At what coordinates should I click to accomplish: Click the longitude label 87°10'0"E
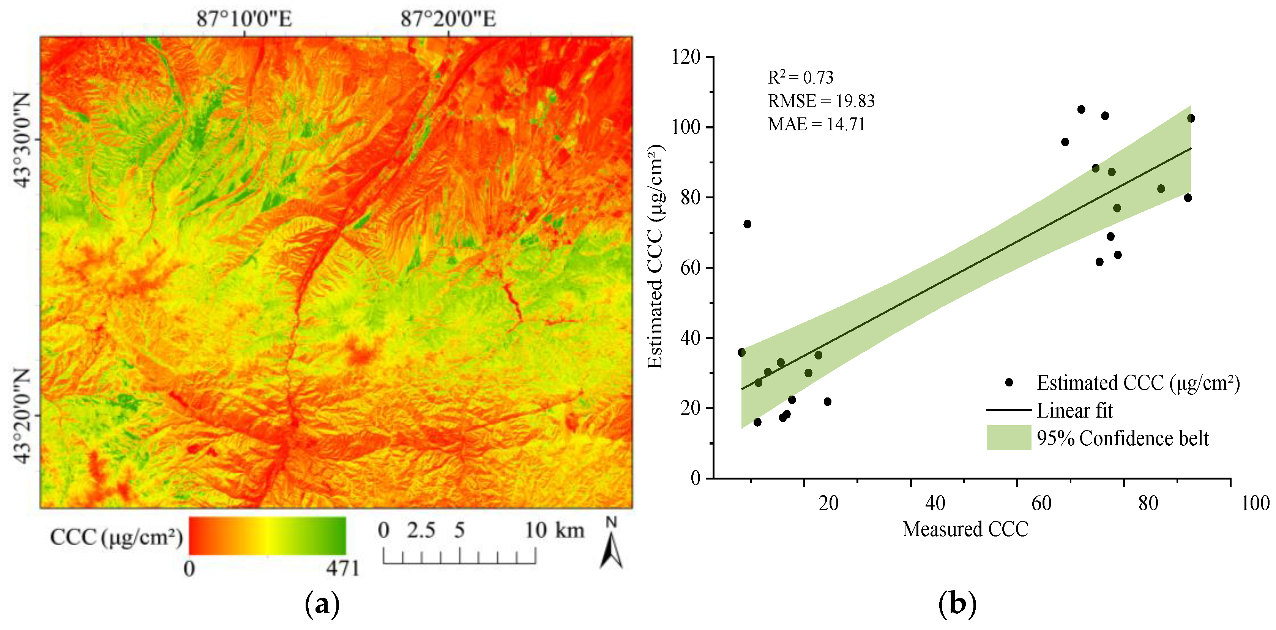[x=244, y=19]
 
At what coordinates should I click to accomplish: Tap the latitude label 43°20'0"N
[x=23, y=415]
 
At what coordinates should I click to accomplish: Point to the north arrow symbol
[x=611, y=548]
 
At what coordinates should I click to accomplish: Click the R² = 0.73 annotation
[x=800, y=77]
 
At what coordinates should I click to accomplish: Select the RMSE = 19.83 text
[x=821, y=101]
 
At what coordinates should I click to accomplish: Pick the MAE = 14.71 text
[x=816, y=124]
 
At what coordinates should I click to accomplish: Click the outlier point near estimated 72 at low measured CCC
[x=748, y=224]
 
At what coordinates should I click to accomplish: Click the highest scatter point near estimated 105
[x=1081, y=109]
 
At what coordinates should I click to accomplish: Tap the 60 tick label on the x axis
[x=1042, y=503]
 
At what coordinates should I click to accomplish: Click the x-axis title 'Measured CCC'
[x=965, y=529]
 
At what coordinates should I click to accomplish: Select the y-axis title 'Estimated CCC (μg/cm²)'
[x=655, y=257]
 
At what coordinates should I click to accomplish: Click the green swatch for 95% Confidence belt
[x=1008, y=438]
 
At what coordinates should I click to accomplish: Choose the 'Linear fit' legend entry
[x=1074, y=410]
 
